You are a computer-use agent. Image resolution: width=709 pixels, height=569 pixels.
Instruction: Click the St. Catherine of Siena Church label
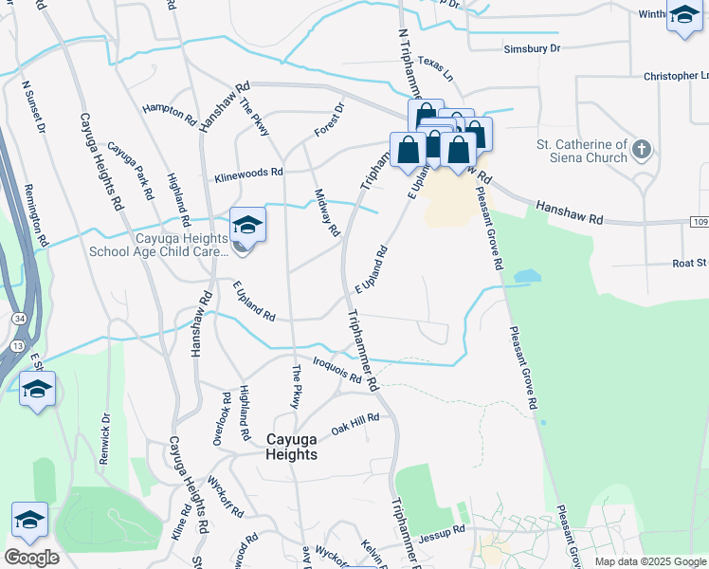(581, 151)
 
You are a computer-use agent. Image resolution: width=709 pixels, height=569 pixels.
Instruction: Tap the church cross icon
(642, 150)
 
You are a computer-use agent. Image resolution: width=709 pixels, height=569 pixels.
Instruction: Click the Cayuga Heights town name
(304, 447)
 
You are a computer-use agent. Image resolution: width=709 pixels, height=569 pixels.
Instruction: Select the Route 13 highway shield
(18, 346)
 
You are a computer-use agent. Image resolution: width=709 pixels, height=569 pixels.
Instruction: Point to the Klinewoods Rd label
(249, 174)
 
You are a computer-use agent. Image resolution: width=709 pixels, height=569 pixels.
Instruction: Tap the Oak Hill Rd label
(354, 424)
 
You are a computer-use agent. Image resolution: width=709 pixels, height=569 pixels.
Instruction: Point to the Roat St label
(688, 264)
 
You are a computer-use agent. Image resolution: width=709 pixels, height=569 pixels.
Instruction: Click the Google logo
(31, 557)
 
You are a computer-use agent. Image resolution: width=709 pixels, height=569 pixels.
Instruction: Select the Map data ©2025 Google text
(650, 561)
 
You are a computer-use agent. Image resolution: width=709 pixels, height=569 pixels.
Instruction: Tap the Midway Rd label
(327, 211)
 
